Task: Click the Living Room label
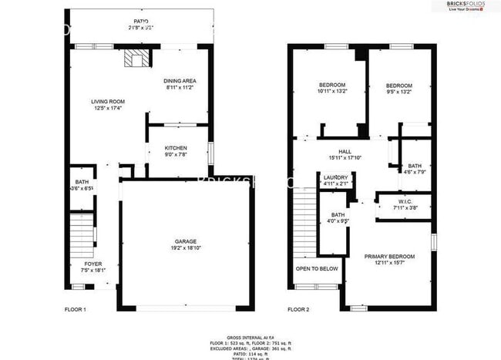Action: [x=108, y=102]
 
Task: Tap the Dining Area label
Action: [x=179, y=81]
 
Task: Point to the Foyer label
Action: [x=92, y=264]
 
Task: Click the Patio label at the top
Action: [x=140, y=21]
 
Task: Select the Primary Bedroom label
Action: [x=390, y=256]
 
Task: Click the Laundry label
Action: [x=335, y=177]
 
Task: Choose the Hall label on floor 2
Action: [x=345, y=152]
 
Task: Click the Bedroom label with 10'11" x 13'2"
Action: [x=332, y=85]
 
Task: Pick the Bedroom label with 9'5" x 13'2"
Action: [x=399, y=85]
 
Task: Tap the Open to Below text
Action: [x=317, y=268]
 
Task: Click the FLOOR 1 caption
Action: [x=75, y=310]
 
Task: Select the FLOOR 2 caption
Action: [x=298, y=310]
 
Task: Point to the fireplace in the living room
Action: [x=136, y=60]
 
